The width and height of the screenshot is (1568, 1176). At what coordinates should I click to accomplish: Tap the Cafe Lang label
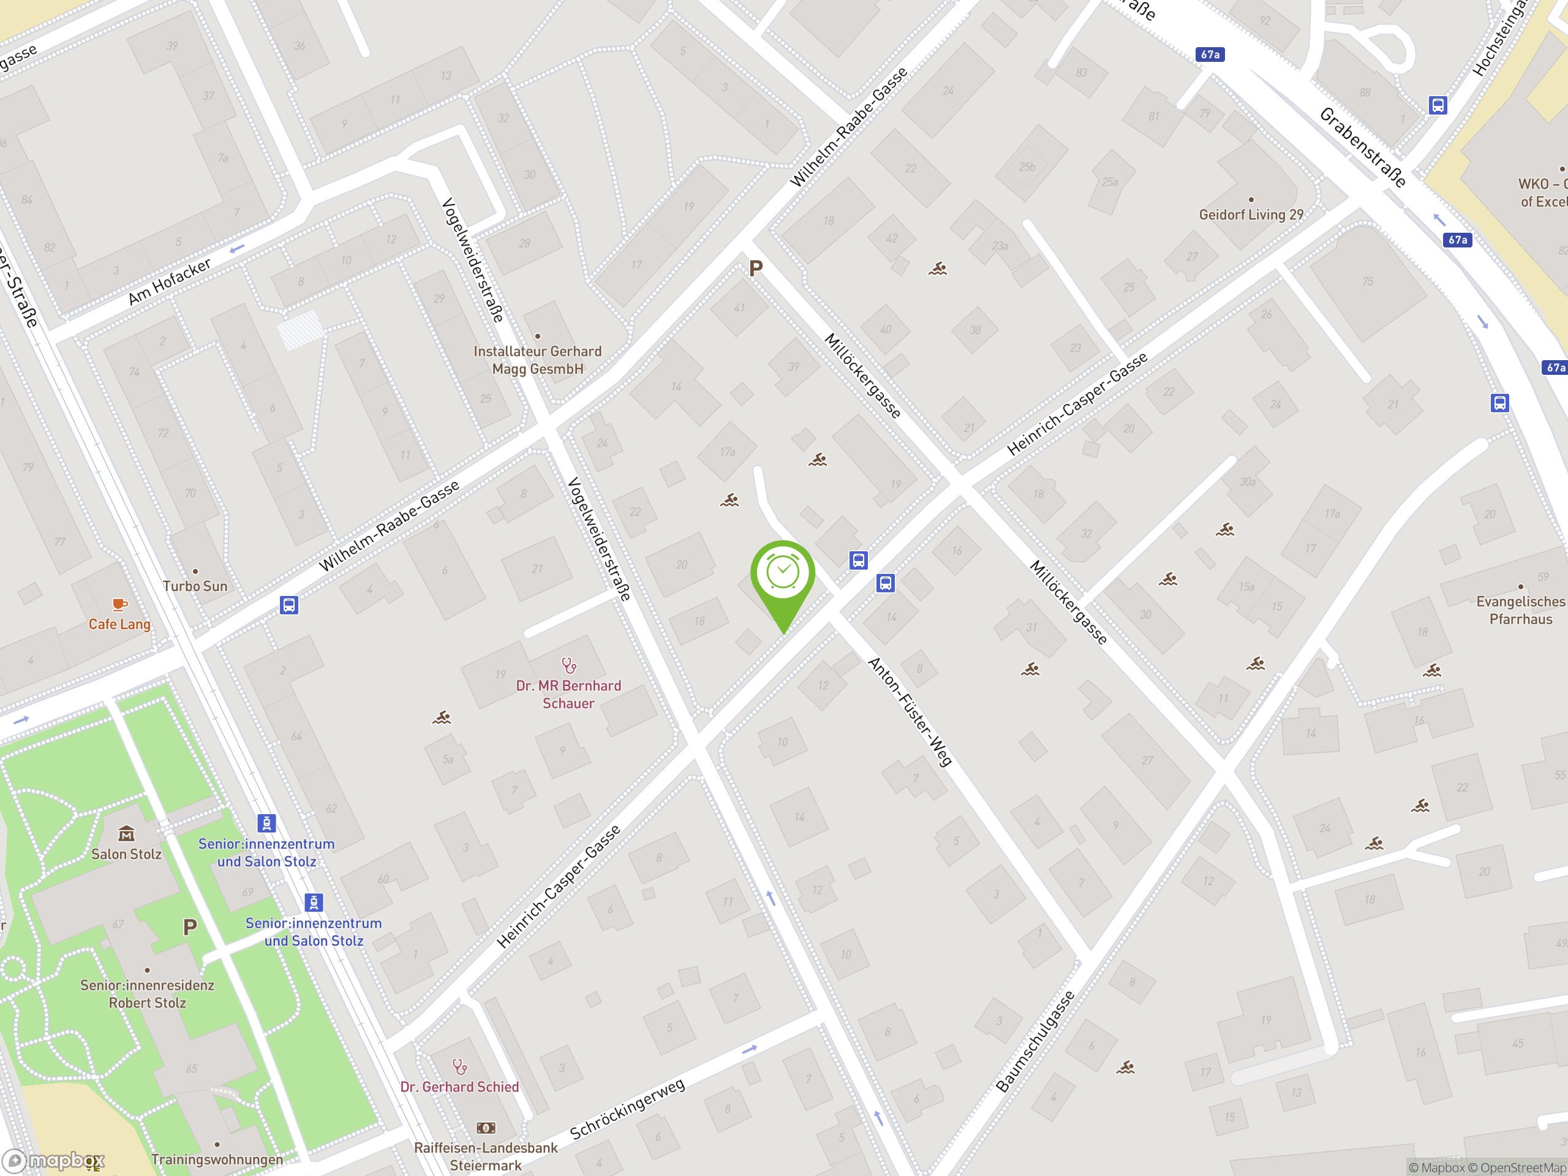(x=119, y=624)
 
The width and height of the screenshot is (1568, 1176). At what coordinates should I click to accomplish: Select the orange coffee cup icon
(x=119, y=605)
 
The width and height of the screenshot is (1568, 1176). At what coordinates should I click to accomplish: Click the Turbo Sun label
(x=195, y=586)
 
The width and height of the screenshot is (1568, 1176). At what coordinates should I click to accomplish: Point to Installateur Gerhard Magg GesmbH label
(x=537, y=360)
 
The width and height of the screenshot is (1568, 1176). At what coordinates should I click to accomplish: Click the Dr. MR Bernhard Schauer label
(x=568, y=694)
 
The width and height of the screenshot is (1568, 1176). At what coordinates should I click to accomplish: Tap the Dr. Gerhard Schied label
(x=459, y=1087)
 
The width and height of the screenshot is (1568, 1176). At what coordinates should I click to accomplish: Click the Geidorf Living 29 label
(x=1251, y=215)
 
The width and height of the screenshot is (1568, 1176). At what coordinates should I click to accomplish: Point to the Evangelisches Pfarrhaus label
(x=1520, y=610)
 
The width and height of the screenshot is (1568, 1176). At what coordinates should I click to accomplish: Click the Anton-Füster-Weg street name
(x=910, y=712)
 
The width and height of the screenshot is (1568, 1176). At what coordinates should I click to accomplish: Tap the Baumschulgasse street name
(x=1035, y=1041)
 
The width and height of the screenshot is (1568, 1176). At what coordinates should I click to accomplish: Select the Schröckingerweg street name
(x=627, y=1109)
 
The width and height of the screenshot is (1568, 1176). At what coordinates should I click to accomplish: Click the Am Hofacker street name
(x=170, y=281)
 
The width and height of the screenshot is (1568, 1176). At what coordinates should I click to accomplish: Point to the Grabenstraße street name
(x=1362, y=147)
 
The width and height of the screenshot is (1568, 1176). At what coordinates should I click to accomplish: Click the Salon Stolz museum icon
(x=126, y=834)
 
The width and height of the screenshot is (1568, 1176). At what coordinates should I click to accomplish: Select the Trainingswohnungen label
(x=217, y=1159)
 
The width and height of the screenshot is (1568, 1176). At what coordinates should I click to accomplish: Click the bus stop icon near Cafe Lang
(x=288, y=605)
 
